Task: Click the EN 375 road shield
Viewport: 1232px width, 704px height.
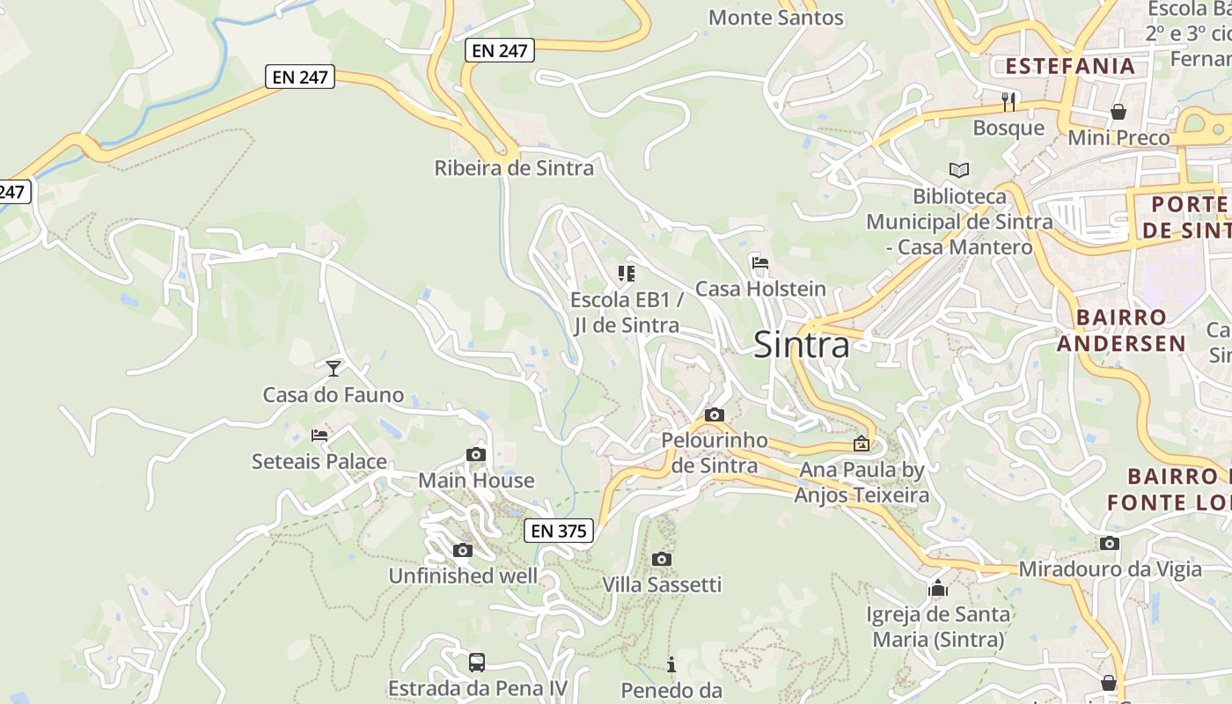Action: [559, 531]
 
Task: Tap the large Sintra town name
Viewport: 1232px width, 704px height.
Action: [802, 345]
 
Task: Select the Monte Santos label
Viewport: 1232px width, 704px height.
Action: [775, 18]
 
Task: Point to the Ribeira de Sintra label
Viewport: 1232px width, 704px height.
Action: [514, 168]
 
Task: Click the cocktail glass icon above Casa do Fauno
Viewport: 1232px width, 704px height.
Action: [334, 368]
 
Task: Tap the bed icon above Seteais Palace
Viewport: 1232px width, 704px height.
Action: [319, 435]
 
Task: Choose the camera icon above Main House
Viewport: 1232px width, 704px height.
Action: [476, 454]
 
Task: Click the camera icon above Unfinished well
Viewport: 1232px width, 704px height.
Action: [462, 550]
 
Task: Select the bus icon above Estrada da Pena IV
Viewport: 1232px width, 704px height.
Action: [477, 662]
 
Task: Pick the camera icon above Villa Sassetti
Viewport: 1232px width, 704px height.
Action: [662, 559]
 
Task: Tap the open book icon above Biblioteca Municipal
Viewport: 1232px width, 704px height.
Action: [958, 170]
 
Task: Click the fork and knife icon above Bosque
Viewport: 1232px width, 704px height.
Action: [1008, 102]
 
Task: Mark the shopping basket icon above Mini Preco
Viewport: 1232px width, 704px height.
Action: [1118, 112]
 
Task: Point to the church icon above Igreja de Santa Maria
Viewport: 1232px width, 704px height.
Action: [938, 588]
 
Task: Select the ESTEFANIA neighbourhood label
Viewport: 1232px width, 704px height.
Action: [1070, 66]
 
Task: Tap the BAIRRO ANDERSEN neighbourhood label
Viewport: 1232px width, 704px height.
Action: [1121, 330]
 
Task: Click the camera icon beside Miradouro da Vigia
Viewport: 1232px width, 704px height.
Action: [1110, 543]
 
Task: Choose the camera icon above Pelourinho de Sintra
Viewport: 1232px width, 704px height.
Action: [715, 414]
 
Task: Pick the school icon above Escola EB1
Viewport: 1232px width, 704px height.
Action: [627, 274]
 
